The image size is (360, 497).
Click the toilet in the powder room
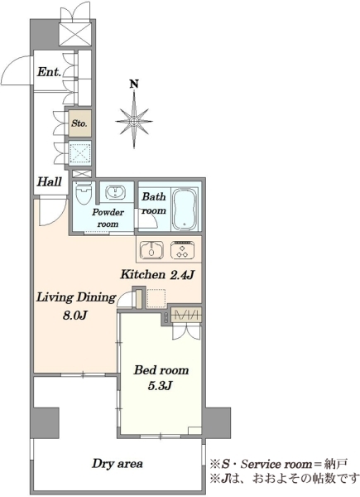[x=84, y=193]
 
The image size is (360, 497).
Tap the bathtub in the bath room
[x=185, y=210]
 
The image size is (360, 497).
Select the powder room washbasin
[x=115, y=193]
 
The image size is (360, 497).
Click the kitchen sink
[x=152, y=249]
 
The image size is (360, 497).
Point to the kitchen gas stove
[x=182, y=249]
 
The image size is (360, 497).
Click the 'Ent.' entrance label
[x=49, y=72]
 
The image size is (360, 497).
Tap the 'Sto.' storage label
[x=79, y=123]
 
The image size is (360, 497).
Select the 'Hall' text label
[x=50, y=182]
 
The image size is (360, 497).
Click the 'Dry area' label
[x=118, y=464]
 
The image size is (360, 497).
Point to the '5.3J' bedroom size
[x=160, y=385]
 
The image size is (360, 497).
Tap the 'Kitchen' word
[x=143, y=274]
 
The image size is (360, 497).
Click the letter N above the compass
[x=135, y=84]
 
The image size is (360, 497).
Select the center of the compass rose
[x=134, y=121]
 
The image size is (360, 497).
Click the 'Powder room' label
[x=108, y=218]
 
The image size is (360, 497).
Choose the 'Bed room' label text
[x=161, y=370]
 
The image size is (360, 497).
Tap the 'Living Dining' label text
[x=76, y=297]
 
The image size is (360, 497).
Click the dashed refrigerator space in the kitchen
[x=156, y=298]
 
